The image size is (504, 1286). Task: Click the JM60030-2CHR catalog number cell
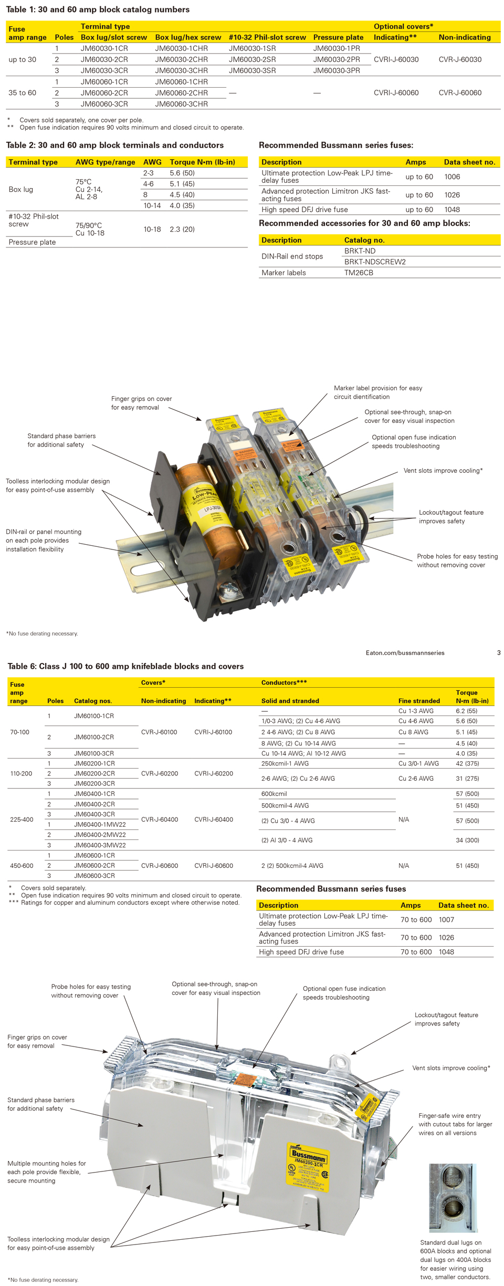click(181, 59)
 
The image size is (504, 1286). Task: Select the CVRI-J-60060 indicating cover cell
click(396, 93)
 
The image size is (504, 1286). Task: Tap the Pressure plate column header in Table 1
click(338, 37)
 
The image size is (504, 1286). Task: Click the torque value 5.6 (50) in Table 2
click(182, 173)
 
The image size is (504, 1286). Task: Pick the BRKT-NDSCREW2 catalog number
click(375, 262)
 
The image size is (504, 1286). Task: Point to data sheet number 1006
click(452, 177)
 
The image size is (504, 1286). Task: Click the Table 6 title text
click(125, 666)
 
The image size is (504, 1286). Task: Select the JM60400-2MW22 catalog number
click(100, 835)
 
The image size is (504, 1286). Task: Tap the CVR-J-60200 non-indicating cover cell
click(159, 773)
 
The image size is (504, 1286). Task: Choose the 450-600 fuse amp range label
click(22, 866)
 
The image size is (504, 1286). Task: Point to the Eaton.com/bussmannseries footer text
click(405, 653)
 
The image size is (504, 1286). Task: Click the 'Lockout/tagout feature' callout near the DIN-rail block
click(450, 516)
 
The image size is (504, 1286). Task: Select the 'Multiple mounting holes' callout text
click(46, 1171)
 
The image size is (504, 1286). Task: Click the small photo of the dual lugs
click(453, 1198)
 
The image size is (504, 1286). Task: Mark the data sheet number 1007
click(446, 919)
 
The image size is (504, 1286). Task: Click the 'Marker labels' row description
click(283, 273)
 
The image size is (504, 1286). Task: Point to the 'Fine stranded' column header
click(419, 701)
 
